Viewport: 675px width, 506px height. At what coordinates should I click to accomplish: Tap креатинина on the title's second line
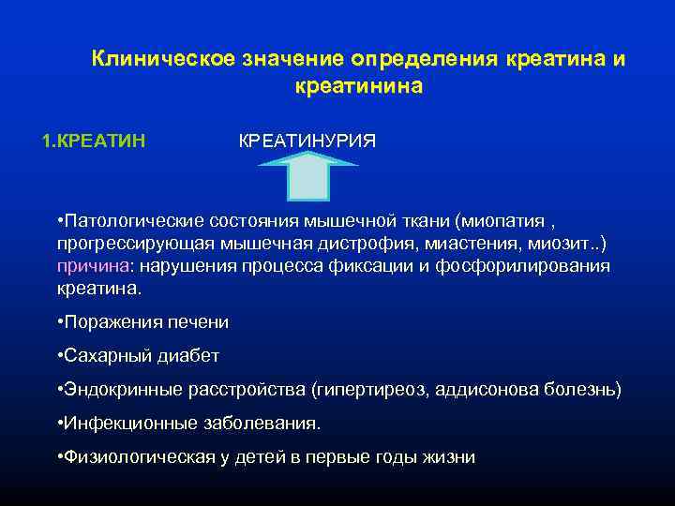pyautogui.click(x=358, y=86)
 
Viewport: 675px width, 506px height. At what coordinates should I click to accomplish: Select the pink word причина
pyautogui.click(x=88, y=266)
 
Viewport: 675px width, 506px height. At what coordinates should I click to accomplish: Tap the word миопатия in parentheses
pyautogui.click(x=503, y=221)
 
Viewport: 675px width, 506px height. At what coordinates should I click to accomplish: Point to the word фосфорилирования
pyautogui.click(x=530, y=266)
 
